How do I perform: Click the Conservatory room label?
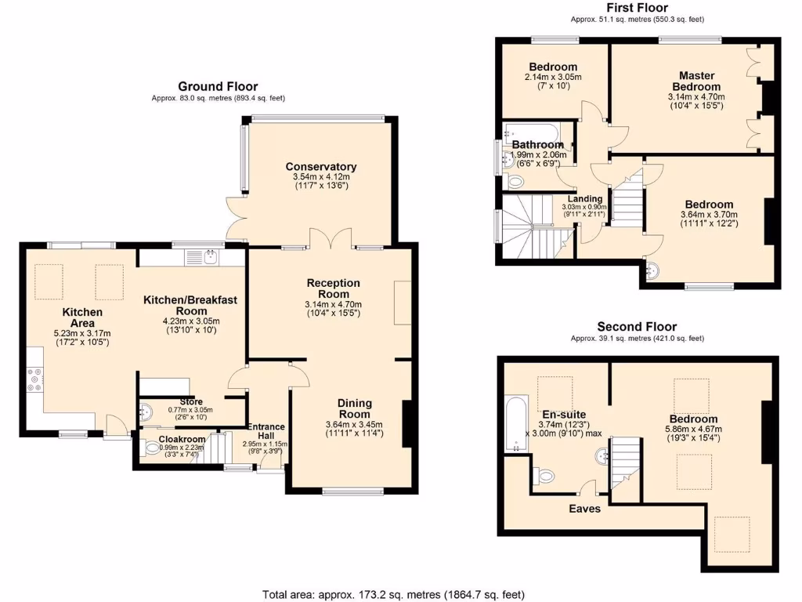point(320,166)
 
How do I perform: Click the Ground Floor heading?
point(218,86)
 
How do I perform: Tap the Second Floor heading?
point(637,327)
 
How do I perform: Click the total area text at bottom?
point(392,594)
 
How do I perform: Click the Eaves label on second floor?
point(584,509)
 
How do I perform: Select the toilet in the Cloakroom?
point(152,450)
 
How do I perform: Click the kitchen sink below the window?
point(210,256)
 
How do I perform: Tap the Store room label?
point(191,402)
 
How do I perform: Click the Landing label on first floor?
point(585,199)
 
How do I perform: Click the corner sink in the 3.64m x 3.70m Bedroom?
point(652,271)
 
